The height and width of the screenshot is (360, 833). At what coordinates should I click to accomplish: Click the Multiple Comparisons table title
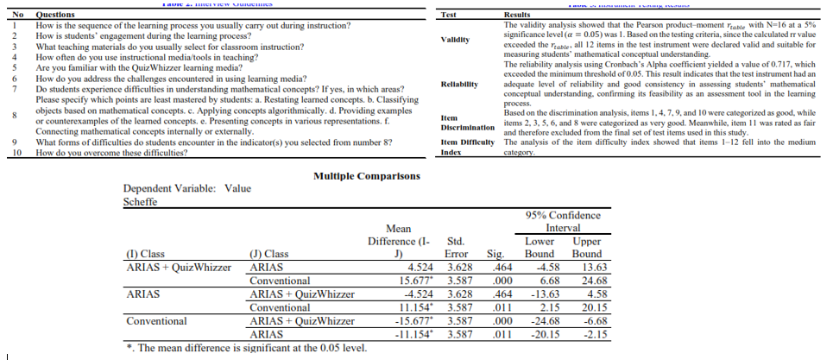click(367, 176)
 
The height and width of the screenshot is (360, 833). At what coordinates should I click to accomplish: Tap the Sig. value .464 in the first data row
click(495, 268)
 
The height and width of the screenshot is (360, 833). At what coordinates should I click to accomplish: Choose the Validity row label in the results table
click(454, 40)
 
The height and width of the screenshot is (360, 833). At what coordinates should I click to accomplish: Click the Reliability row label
click(459, 84)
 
